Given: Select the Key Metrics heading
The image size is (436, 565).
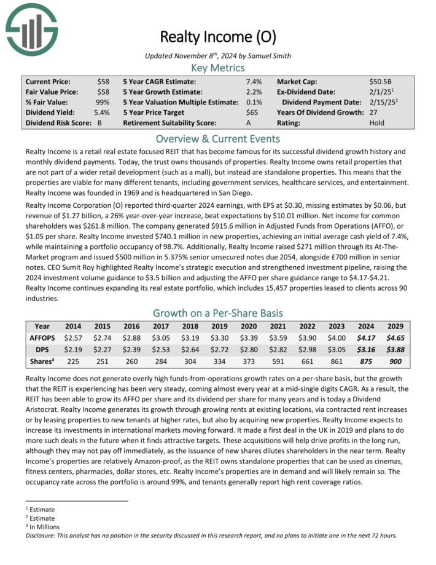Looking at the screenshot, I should [x=217, y=68].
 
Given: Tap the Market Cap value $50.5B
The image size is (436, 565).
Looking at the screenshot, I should [x=381, y=81].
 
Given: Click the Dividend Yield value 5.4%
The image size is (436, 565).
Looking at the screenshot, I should [x=102, y=113].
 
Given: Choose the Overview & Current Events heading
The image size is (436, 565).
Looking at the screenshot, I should [x=217, y=138].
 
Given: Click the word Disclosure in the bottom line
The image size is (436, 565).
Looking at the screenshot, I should [x=42, y=535].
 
